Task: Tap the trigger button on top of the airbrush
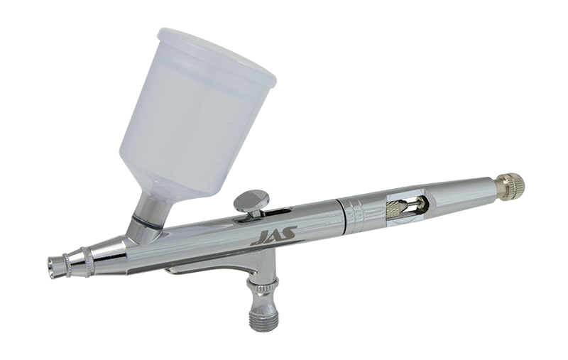253,202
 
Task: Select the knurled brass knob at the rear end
510,185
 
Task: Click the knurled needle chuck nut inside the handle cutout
396,209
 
